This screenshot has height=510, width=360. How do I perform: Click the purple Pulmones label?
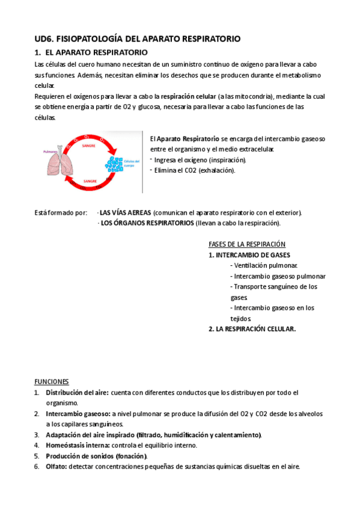tap(51, 152)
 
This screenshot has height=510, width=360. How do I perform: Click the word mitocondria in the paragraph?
tap(255, 96)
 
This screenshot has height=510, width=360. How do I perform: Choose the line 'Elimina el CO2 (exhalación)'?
tap(195, 170)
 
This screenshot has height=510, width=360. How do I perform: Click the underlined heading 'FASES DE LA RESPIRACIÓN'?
tap(246, 244)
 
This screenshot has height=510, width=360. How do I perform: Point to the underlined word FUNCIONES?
tap(51, 382)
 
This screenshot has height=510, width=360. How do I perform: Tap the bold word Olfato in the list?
tap(56, 467)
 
